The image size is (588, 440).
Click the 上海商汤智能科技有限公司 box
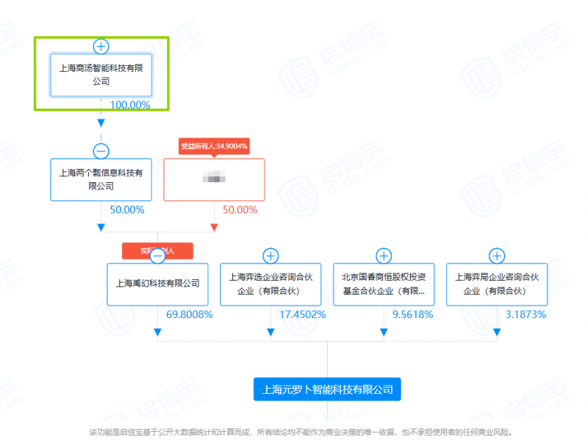[x=101, y=74]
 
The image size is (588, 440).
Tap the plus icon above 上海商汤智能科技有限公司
[x=101, y=46]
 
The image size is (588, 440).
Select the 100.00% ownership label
[x=130, y=105]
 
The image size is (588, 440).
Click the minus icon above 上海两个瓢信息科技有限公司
[x=101, y=151]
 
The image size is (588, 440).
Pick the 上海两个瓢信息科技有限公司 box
[x=101, y=180]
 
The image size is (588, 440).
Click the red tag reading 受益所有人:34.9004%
[x=214, y=146]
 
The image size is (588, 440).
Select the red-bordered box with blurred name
[x=214, y=180]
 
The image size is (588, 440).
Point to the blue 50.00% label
[x=127, y=210]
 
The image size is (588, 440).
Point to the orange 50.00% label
[x=240, y=210]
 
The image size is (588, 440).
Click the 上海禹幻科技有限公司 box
[x=157, y=284]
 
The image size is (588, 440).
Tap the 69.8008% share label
[x=190, y=315]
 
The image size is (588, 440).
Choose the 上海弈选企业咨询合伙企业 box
[x=270, y=284]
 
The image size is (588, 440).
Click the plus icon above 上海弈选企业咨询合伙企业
[x=270, y=256]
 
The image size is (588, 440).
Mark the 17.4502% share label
[x=303, y=315]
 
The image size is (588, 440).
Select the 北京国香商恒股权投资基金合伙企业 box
[x=384, y=284]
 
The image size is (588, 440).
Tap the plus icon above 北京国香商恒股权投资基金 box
[x=384, y=256]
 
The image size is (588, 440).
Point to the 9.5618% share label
[x=413, y=315]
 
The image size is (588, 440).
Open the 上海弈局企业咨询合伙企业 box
[x=497, y=284]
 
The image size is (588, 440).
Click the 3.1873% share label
[x=526, y=315]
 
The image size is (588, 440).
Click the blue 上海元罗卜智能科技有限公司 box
[x=327, y=389]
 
